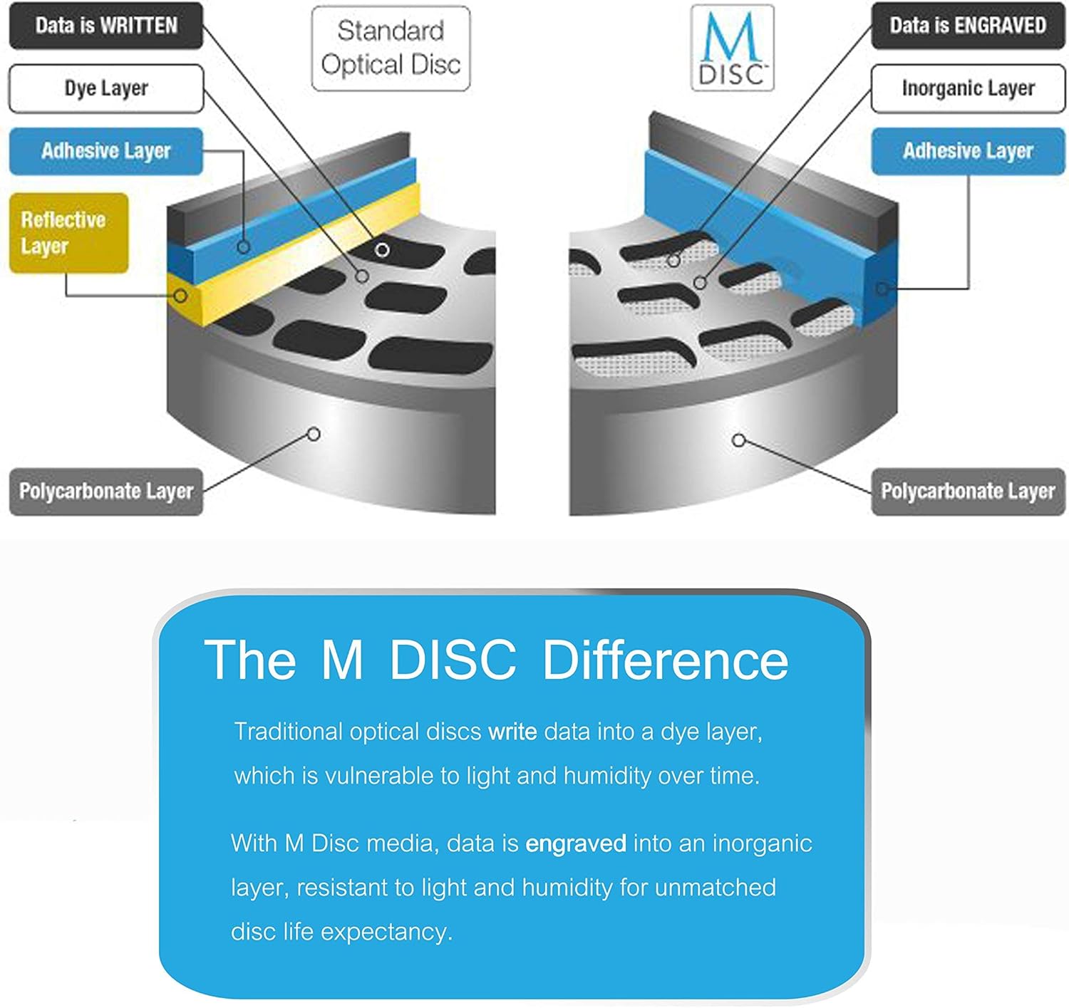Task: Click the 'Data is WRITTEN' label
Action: tap(106, 26)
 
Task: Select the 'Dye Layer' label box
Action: tap(106, 89)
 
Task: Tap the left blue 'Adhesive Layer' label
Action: tap(106, 151)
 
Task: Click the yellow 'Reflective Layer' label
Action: tap(68, 233)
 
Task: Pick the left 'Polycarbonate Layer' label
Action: tap(106, 491)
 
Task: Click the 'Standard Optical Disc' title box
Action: tap(391, 48)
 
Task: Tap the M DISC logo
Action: tap(732, 48)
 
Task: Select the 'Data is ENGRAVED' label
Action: tap(967, 26)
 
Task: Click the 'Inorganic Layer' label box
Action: tap(967, 89)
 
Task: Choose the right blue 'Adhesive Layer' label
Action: tap(967, 151)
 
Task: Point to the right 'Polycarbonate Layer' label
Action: tap(967, 491)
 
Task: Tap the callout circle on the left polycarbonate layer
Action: tap(314, 434)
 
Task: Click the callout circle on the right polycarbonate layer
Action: tap(739, 440)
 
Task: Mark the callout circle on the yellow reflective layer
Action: tap(181, 295)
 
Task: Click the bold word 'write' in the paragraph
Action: tap(512, 732)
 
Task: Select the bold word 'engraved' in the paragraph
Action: tap(575, 843)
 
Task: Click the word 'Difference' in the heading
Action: tap(665, 660)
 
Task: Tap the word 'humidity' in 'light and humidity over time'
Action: tap(606, 776)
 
